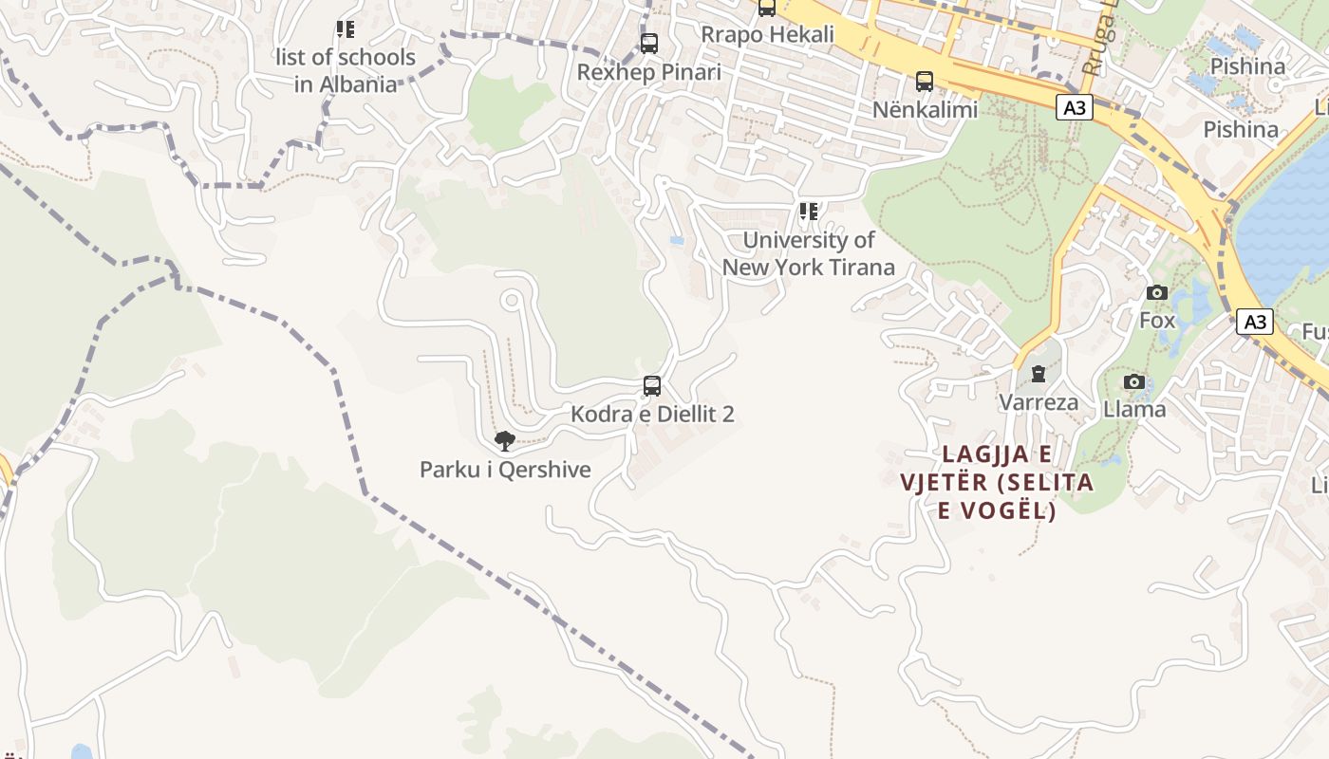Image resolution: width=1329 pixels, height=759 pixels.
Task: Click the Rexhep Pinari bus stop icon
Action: coord(649,44)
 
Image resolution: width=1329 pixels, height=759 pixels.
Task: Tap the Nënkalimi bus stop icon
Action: coord(925,82)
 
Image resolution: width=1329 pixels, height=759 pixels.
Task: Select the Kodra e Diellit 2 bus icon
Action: coord(652,386)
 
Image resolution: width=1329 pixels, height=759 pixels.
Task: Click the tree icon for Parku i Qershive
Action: coord(505,440)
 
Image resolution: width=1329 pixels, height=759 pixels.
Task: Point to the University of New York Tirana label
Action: coord(809,253)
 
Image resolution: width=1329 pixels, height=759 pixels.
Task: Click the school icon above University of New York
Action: coord(809,212)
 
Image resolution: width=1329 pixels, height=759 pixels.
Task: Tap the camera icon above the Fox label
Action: coord(1157,292)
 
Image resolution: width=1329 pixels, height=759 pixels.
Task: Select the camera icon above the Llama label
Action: coord(1133,381)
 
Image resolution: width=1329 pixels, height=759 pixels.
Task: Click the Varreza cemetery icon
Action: coord(1039,374)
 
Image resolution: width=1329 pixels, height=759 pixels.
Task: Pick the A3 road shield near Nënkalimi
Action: coord(1074,107)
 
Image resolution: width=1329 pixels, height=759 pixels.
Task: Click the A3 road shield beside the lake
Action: coord(1255,322)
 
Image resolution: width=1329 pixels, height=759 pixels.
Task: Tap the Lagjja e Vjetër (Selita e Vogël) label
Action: coord(997,482)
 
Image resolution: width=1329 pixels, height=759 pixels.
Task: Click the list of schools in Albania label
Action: coord(346,70)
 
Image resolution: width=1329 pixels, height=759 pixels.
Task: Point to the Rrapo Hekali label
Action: coord(767,34)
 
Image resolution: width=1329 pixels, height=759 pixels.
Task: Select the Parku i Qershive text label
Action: coord(505,470)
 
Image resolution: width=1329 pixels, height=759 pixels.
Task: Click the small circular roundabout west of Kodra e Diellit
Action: coord(512,301)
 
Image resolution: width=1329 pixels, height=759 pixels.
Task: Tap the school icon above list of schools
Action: coord(346,29)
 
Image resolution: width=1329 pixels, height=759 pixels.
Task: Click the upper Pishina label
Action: coord(1248,66)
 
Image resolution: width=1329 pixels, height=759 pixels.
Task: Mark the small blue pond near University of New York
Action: coord(677,241)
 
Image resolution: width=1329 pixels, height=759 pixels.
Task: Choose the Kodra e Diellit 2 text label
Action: coord(652,415)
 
